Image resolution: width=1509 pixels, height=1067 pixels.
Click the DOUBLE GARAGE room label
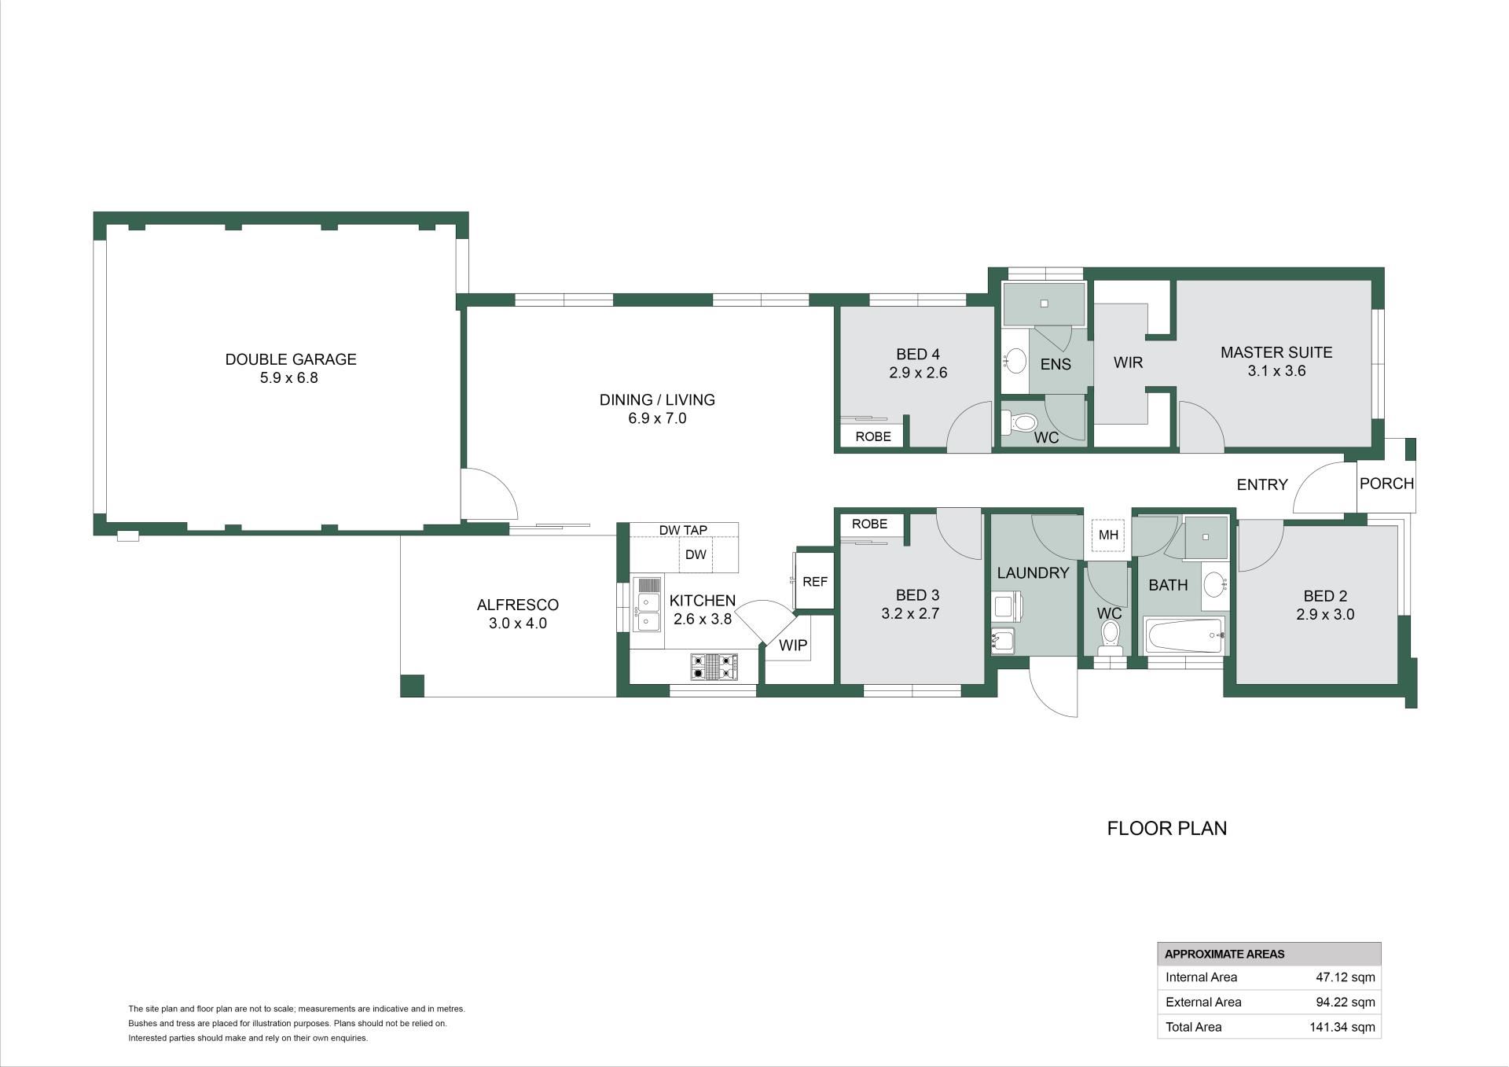291,359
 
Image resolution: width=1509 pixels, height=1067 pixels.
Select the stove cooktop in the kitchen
714,667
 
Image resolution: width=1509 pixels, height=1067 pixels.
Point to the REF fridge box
814,581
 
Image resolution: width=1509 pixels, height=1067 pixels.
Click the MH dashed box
1108,535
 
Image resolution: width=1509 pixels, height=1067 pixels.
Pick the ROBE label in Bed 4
873,436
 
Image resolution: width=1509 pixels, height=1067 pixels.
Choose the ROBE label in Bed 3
869,524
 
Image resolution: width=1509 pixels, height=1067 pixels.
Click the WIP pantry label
793,646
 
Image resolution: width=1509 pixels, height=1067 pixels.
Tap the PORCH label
1386,484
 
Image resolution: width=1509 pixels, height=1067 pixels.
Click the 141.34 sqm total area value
1342,1027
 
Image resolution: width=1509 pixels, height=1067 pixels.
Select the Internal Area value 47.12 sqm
1346,977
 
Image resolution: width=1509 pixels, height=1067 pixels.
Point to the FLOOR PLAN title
1167,828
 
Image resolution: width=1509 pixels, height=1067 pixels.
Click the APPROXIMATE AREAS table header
1224,954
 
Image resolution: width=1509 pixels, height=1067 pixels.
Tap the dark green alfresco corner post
412,686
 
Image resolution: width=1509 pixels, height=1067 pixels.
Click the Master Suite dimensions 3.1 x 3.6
1276,371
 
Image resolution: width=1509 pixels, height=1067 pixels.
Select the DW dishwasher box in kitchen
696,554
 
